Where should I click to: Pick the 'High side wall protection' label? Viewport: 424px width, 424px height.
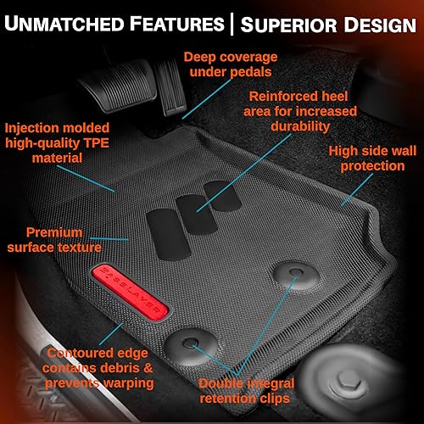[376, 159]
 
